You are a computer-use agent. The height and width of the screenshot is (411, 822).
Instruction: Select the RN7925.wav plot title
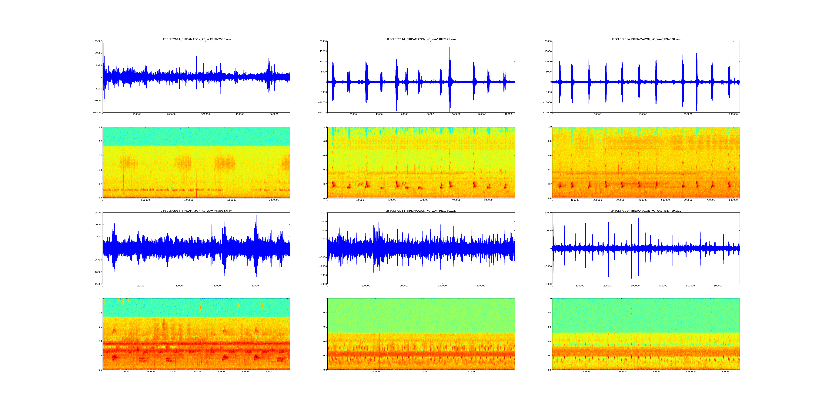421,39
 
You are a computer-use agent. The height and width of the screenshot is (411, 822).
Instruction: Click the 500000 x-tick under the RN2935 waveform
274,114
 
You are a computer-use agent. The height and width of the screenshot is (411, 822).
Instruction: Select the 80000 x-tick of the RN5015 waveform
255,286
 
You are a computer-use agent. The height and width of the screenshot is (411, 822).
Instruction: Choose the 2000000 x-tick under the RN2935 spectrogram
274,200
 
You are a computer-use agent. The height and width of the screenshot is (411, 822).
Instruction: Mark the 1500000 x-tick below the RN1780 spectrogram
471,371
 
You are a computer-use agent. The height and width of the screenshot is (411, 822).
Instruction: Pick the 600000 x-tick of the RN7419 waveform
718,286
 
